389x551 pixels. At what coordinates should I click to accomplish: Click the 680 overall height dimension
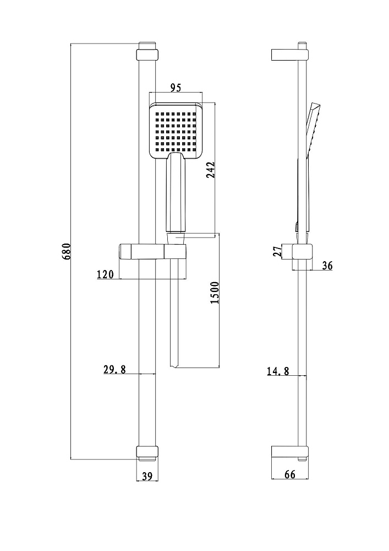(67, 251)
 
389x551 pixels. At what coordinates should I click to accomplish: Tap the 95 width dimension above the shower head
(176, 88)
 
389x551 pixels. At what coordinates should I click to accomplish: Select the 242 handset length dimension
(210, 170)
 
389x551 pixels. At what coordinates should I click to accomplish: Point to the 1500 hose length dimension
(215, 293)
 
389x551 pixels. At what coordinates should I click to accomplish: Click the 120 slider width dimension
(106, 274)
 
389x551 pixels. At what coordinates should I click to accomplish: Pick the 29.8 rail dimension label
(114, 369)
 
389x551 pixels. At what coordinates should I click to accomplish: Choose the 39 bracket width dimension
(147, 476)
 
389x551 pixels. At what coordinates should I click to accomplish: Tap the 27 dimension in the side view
(278, 252)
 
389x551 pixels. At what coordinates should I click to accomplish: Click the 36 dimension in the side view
(327, 266)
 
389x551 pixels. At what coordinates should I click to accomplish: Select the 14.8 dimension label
(278, 371)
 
